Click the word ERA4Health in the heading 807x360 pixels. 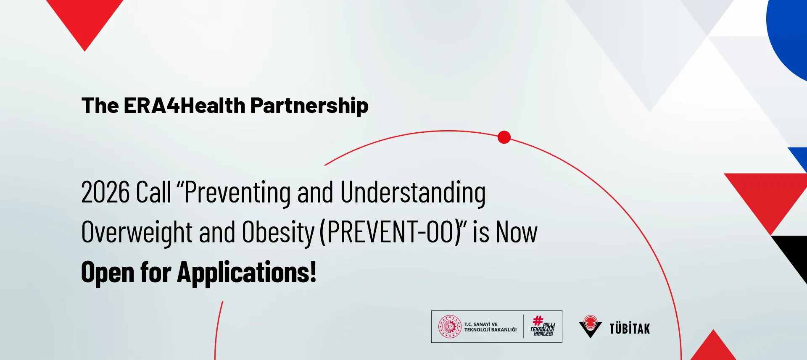tap(185, 105)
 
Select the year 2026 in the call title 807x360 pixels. tap(105, 192)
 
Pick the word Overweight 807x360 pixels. tap(137, 233)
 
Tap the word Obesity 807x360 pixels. tap(278, 233)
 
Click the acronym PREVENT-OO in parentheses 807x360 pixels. tap(393, 232)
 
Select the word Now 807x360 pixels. tap(517, 232)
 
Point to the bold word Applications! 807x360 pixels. tap(247, 273)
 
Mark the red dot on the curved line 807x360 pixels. tap(504, 137)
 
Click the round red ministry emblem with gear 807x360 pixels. tap(450, 327)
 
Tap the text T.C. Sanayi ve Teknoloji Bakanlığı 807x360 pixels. tap(491, 327)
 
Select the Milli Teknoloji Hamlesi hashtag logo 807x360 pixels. tap(543, 326)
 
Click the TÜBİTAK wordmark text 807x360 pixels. tap(630, 328)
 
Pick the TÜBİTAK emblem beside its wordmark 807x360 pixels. tap(591, 326)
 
